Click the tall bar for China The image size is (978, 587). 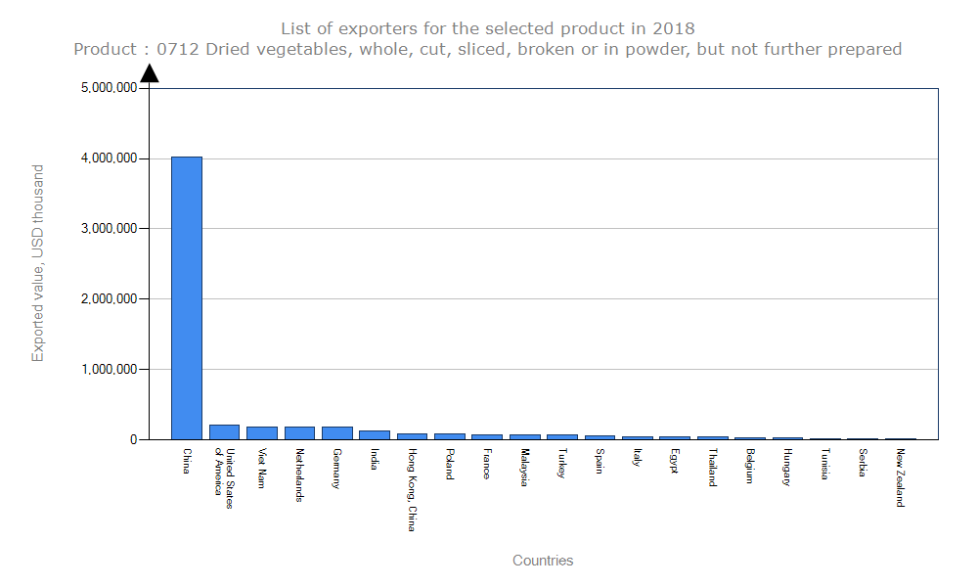point(187,298)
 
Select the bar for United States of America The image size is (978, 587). point(224,432)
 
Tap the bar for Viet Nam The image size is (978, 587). point(262,433)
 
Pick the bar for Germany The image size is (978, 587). point(337,433)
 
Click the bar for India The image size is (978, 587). point(375,435)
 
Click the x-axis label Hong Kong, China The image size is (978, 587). point(412,490)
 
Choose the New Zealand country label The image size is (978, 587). point(901,477)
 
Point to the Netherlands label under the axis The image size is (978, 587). point(299,475)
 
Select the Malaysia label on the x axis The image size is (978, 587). point(525,468)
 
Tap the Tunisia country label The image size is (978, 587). point(825,465)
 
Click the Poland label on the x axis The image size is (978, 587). point(449,464)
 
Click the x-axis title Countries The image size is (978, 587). point(543,561)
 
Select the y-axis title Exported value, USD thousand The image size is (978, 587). point(38,263)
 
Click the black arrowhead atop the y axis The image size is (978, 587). point(150,73)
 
